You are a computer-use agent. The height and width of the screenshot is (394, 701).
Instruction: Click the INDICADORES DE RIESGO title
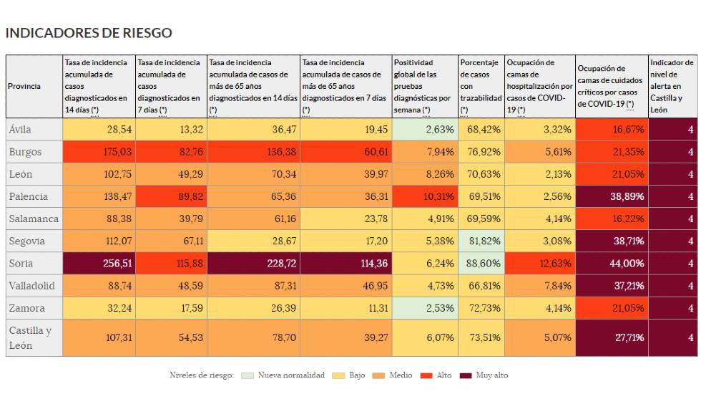89,33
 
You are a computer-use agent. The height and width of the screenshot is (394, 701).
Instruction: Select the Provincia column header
24,87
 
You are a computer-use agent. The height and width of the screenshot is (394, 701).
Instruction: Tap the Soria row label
21,264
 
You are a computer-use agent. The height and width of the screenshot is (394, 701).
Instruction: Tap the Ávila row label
21,130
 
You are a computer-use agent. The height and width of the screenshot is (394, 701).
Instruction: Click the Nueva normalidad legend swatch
247,375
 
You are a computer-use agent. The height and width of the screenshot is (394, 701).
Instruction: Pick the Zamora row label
26,308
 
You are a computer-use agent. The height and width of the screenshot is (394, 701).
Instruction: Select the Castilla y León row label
30,337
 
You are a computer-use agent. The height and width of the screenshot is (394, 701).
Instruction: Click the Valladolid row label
31,286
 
